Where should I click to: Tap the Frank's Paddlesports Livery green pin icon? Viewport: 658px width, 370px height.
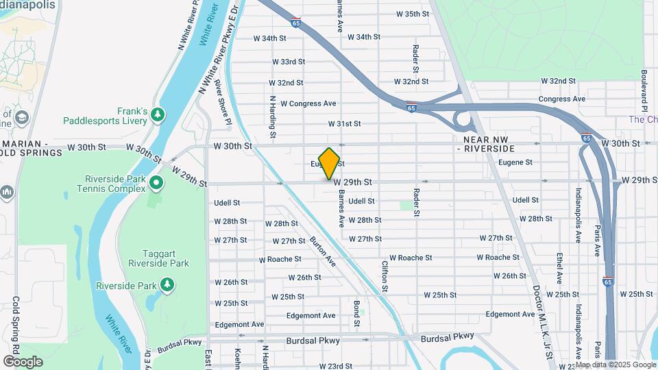(x=158, y=113)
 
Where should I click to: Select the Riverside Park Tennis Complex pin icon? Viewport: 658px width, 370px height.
(x=156, y=182)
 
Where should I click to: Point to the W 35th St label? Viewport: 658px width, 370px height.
(x=413, y=14)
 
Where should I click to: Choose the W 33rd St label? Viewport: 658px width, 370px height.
(x=288, y=62)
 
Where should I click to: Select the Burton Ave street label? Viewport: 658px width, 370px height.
(x=322, y=251)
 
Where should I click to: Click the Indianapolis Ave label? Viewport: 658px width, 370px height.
(x=578, y=215)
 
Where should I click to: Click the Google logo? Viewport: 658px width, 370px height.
(x=22, y=361)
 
